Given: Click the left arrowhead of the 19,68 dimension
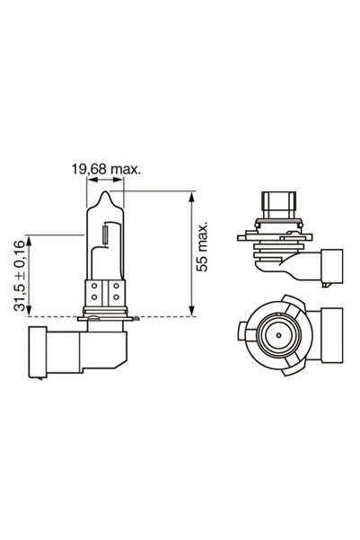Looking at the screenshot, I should (x=90, y=177).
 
